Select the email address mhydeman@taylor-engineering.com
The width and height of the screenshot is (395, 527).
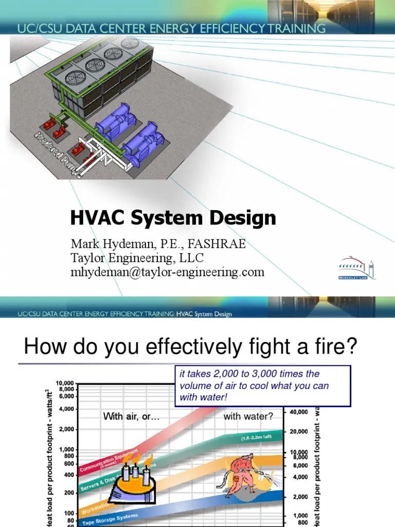[x=167, y=272]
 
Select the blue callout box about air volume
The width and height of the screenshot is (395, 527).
[x=262, y=386]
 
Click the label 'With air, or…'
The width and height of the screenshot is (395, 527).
[x=132, y=416]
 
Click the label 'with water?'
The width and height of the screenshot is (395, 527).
[x=248, y=416]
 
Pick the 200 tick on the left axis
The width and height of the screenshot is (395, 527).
[x=68, y=493]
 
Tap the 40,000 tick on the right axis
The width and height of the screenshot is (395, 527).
[x=298, y=412]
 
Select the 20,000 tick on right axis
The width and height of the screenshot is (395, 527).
[x=298, y=432]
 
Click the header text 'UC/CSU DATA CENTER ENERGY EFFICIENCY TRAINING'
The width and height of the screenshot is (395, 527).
[x=171, y=28]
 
